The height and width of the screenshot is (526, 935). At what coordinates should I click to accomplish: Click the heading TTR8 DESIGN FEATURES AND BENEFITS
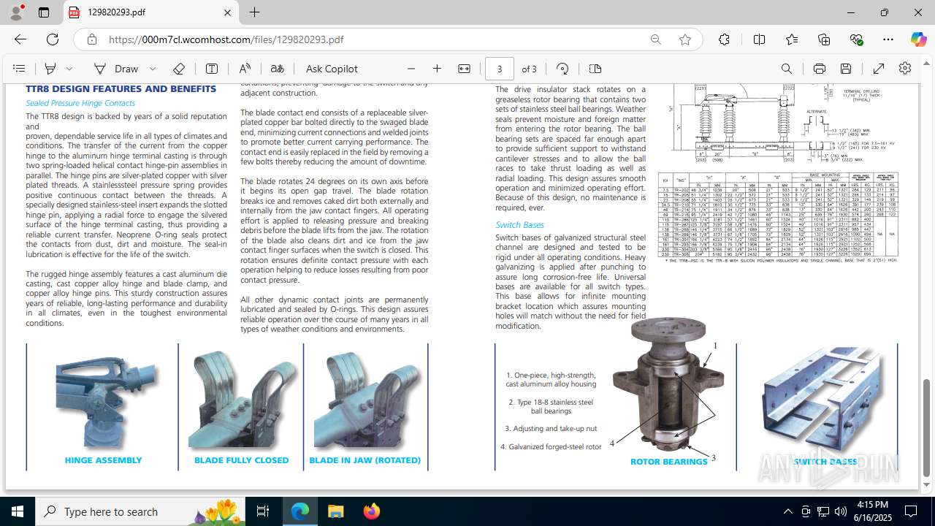pos(121,88)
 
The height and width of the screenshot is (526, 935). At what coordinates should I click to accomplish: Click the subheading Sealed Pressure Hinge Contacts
pos(80,103)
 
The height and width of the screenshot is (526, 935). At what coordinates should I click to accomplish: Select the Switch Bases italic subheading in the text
pos(519,224)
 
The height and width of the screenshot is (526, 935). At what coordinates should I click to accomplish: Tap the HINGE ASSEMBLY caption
pos(103,460)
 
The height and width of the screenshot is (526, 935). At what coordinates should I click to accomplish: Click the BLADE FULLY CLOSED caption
pos(241,460)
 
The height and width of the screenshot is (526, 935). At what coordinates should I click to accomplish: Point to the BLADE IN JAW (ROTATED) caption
pos(365,460)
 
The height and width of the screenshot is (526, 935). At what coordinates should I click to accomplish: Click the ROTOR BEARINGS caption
pos(668,462)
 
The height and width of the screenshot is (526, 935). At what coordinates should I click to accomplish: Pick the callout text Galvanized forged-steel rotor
pos(551,446)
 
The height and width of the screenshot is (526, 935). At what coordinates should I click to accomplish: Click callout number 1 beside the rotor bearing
pos(716,346)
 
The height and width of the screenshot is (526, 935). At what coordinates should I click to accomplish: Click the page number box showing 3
pos(500,69)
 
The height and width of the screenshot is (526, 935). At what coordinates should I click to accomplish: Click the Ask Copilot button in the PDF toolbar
pos(332,69)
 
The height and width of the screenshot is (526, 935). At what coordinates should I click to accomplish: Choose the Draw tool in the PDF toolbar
pos(117,69)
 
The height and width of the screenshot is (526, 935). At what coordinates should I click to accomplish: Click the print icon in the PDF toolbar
pos(819,69)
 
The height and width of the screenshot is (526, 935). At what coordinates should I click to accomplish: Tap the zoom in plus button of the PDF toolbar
pos(437,69)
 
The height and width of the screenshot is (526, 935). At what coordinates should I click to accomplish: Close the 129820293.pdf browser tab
pos(227,12)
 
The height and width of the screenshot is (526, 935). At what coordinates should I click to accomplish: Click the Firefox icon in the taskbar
pos(372,511)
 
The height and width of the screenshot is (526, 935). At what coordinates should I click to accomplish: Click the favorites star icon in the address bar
pos(684,39)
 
